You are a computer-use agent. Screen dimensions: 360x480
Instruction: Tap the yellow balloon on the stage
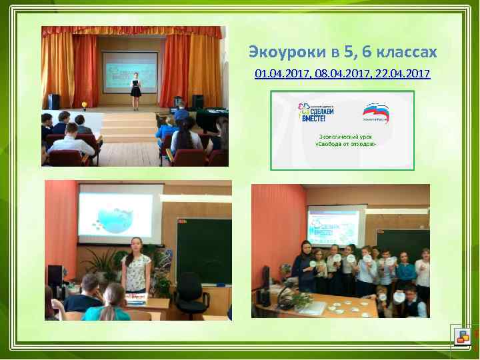click(85, 105)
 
